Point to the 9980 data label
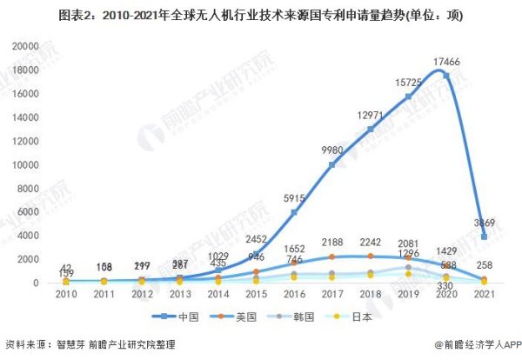tap(334, 150)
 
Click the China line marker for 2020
tap(446, 76)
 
